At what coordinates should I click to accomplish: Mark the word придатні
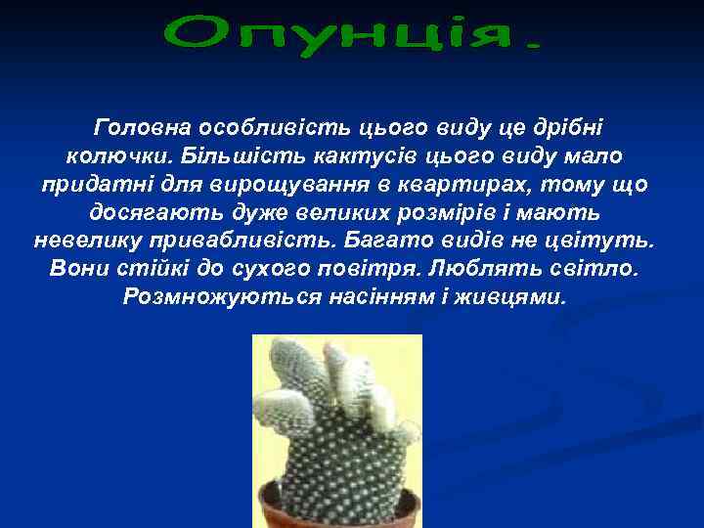(x=86, y=184)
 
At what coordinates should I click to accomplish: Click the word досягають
(x=145, y=212)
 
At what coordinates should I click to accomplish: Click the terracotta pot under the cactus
(x=337, y=508)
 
